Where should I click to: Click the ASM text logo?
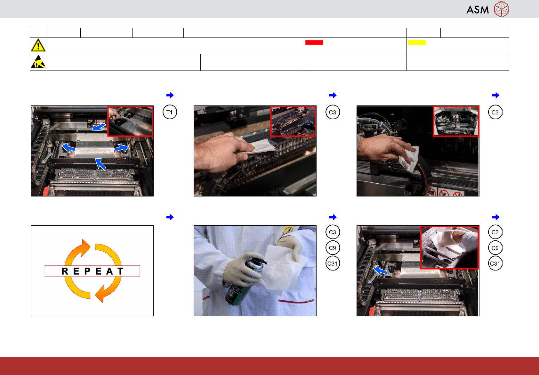coord(478,10)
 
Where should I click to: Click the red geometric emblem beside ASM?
coord(502,9)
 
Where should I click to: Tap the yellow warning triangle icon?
coord(38,45)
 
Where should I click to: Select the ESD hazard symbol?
coord(38,62)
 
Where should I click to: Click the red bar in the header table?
coord(314,42)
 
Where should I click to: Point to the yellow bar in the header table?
coord(417,42)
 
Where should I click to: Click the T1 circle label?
coord(170,112)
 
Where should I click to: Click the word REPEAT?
coord(93,271)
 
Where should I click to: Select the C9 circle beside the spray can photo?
coord(332,248)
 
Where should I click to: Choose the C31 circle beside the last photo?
coord(495,263)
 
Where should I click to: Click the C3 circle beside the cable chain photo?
coord(332,112)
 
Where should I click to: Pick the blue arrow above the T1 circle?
coord(170,95)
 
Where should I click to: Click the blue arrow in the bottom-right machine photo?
coord(380,270)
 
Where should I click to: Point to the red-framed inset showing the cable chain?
coord(293,121)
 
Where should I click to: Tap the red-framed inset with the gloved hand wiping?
coord(449,247)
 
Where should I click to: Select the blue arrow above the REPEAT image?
coord(170,217)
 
